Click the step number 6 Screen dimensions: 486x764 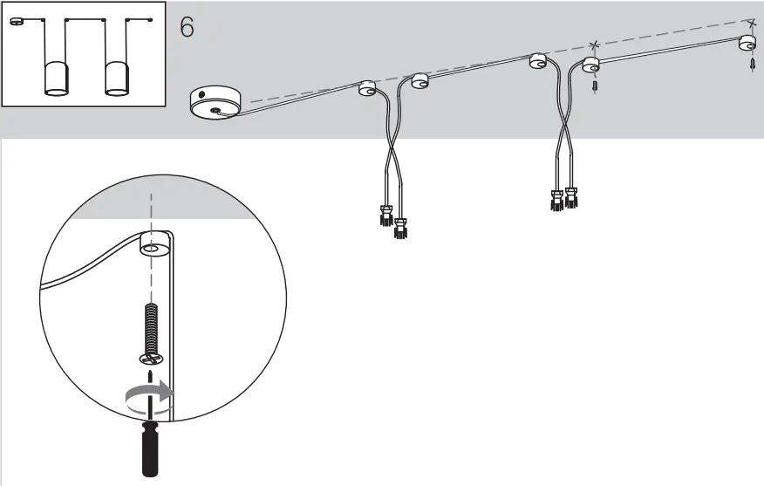[x=187, y=26]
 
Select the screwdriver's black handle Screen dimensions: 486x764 [x=149, y=450]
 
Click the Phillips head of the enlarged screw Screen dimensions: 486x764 [x=150, y=357]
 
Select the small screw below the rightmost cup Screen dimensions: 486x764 [x=752, y=66]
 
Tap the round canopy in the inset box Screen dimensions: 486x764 [x=17, y=23]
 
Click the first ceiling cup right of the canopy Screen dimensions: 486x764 [x=367, y=86]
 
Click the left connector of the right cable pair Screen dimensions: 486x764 [x=556, y=201]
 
